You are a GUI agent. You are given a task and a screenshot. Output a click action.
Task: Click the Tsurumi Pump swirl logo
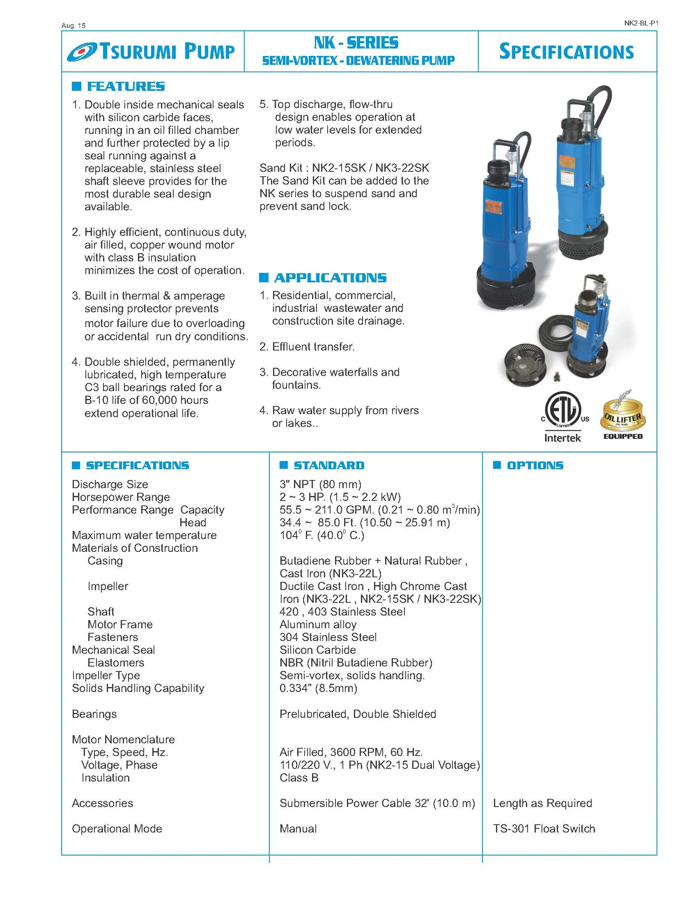(x=81, y=52)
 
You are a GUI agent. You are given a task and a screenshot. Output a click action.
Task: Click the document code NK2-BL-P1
(x=641, y=23)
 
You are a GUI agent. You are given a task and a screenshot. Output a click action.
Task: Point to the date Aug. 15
(x=73, y=25)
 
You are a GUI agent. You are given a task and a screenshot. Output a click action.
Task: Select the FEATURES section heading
(x=125, y=87)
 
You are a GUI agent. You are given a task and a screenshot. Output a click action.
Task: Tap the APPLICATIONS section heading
(x=330, y=278)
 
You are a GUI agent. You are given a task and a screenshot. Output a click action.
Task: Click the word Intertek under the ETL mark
(x=563, y=438)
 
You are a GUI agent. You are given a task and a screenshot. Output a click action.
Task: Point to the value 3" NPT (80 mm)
(x=320, y=484)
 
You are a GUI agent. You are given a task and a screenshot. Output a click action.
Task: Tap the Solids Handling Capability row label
(x=138, y=688)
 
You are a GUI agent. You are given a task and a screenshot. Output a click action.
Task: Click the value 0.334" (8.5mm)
(x=318, y=688)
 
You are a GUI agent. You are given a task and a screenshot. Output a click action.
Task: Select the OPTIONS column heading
(x=535, y=465)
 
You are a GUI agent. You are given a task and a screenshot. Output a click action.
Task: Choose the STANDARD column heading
(x=329, y=465)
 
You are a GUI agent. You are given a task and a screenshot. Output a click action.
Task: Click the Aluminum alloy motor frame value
(x=317, y=624)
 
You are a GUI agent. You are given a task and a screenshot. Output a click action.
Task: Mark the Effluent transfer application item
(x=313, y=347)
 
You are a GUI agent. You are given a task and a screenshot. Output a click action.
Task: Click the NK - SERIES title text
(x=356, y=43)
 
